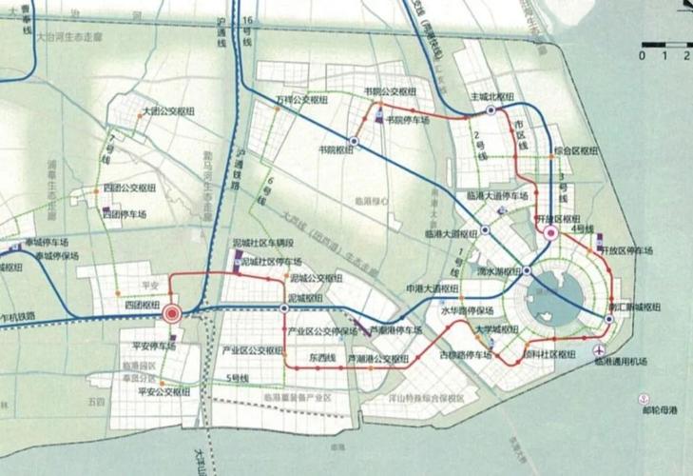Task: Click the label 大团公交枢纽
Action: pos(168,111)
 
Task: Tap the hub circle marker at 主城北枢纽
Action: pos(491,110)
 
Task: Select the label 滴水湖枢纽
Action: pos(496,270)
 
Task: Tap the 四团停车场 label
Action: pos(129,215)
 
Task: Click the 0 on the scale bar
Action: pos(644,55)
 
